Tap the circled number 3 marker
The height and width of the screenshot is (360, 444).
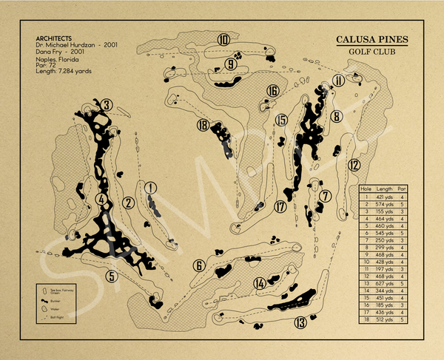(107, 106)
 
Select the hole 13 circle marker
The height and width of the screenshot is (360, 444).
(300, 322)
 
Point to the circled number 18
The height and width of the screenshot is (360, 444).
(203, 126)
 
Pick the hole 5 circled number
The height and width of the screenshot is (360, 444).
(111, 276)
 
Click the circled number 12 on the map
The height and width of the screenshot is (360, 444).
(354, 165)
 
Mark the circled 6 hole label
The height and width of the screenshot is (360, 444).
(198, 265)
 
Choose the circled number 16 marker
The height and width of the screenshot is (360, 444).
(273, 91)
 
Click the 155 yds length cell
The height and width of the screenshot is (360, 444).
(385, 211)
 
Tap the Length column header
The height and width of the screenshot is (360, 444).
(385, 189)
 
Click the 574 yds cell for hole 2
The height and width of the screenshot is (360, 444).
(385, 204)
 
